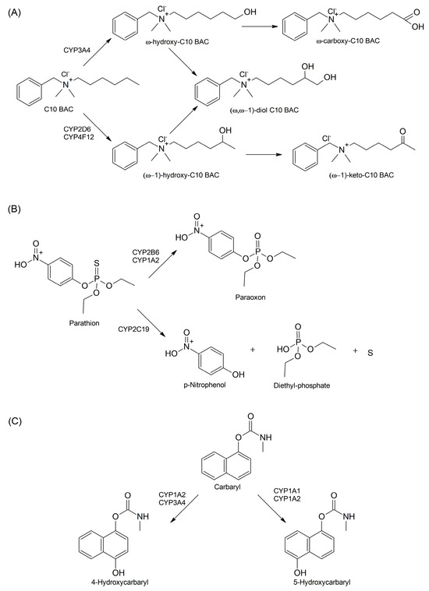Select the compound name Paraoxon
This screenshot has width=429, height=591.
coord(300,296)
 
